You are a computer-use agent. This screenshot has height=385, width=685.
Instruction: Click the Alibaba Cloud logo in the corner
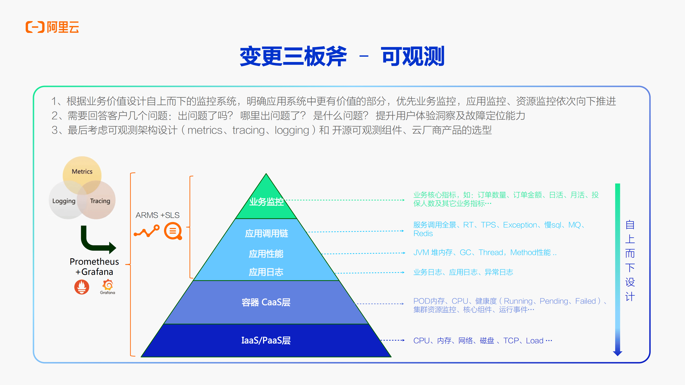tap(52, 27)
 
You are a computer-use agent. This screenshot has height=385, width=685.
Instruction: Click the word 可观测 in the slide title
tap(413, 56)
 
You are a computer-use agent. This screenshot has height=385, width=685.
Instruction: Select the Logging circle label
tap(64, 201)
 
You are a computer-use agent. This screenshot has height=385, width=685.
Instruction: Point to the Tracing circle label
tap(100, 201)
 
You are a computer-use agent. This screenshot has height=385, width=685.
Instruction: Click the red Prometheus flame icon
tap(82, 287)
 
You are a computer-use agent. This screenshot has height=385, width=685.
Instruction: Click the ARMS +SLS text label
tap(157, 215)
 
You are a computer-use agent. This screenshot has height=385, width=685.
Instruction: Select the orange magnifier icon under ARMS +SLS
tap(173, 231)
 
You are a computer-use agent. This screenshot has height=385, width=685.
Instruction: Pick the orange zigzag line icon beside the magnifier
tap(147, 231)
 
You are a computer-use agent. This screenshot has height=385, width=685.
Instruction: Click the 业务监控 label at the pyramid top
tap(267, 202)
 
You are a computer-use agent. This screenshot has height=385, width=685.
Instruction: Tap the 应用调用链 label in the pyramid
tap(267, 233)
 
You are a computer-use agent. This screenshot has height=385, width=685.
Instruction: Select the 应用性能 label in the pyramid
tap(266, 254)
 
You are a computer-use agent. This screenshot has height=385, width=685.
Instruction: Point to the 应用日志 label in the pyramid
tap(266, 272)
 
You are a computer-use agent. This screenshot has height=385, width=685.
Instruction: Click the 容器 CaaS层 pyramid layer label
tap(266, 302)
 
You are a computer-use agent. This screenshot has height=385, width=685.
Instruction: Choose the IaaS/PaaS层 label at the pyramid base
tap(266, 340)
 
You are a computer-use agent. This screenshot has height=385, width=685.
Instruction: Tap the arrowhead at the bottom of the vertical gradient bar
tap(618, 353)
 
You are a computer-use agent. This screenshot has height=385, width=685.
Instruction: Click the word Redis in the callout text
tap(423, 234)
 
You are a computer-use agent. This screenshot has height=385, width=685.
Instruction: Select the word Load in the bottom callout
tap(535, 341)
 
